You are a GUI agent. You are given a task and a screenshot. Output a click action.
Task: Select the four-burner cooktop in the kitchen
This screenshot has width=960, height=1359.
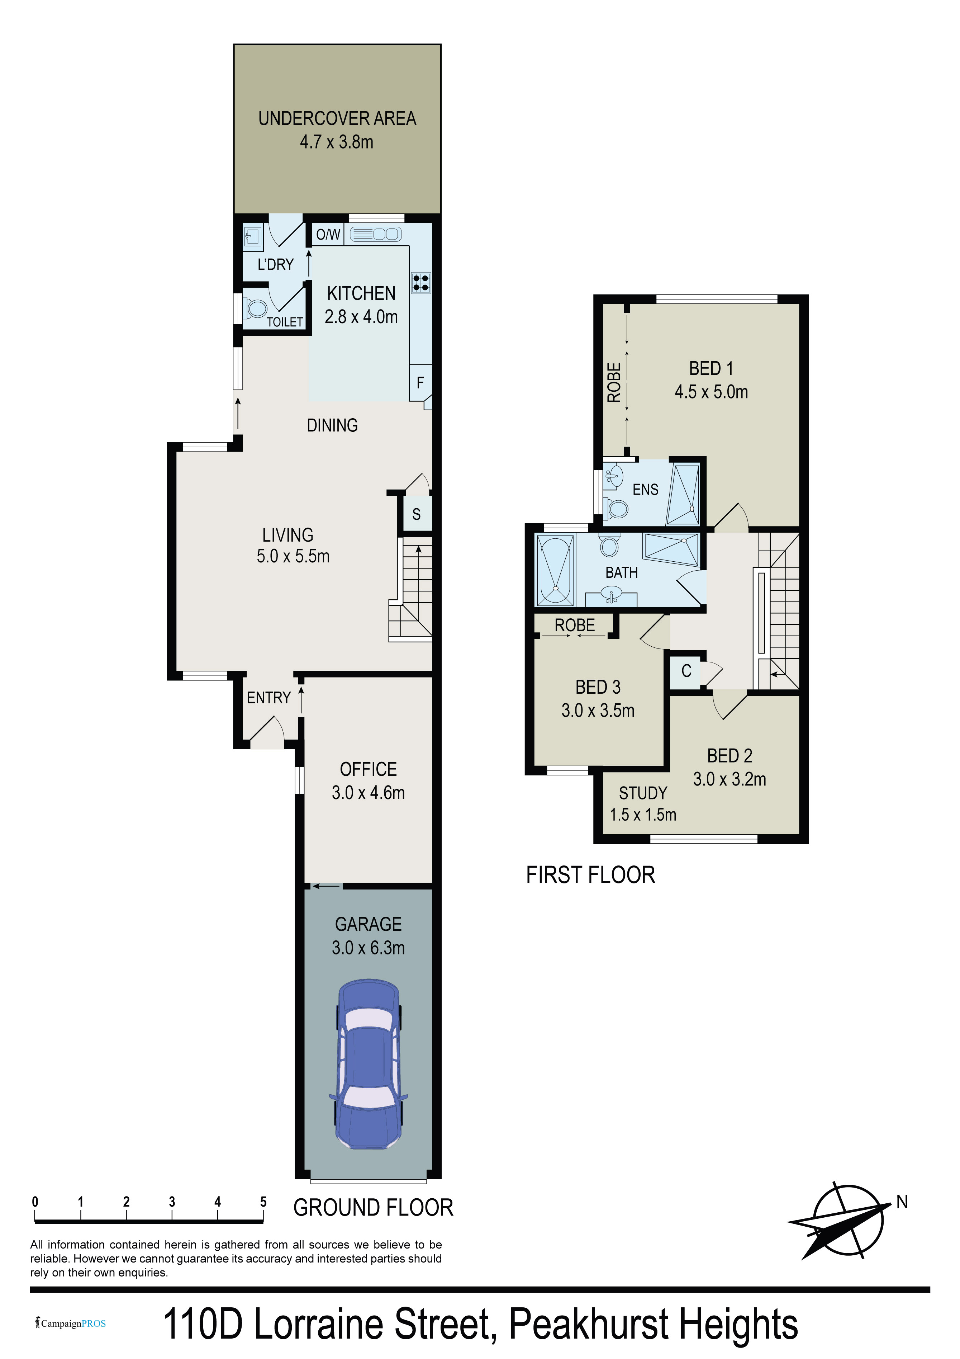(x=420, y=282)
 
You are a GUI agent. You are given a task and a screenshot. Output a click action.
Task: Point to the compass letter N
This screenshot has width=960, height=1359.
(x=902, y=1202)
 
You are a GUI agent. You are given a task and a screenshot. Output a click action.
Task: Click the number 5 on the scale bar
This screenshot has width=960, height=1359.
(x=263, y=1202)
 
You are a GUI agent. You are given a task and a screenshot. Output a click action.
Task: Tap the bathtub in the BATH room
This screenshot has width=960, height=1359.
(x=555, y=570)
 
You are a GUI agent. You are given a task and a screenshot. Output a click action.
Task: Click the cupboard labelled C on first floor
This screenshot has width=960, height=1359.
(x=686, y=671)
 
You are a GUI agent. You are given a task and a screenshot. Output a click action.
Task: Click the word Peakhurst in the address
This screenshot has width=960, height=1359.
(x=586, y=1325)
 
